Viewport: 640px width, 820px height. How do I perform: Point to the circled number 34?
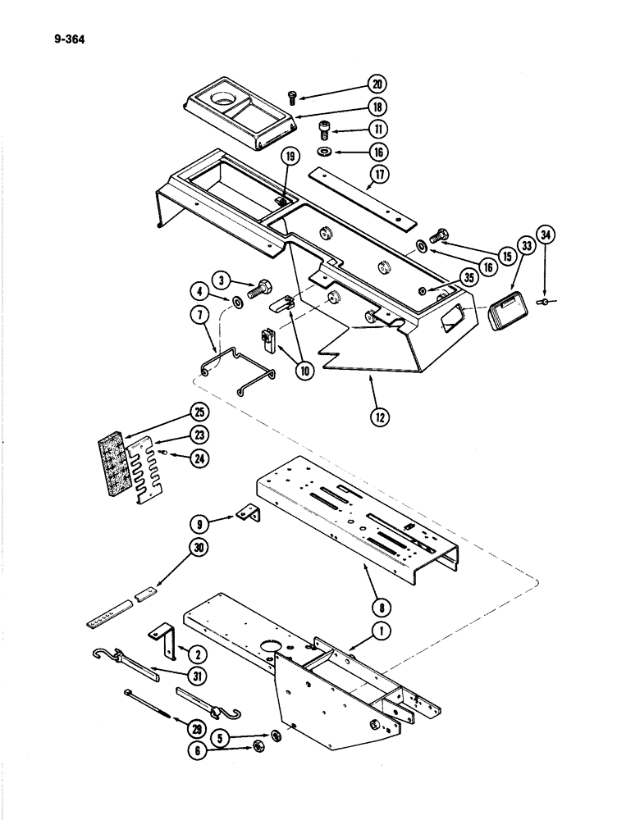[x=547, y=238]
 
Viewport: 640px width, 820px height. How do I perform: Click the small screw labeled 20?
[x=294, y=98]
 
